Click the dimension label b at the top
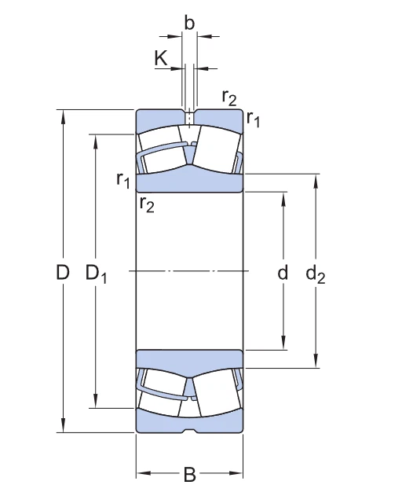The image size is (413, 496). (x=189, y=22)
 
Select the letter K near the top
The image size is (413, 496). (x=161, y=57)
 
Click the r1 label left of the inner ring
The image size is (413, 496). (x=123, y=180)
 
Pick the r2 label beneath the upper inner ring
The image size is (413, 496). (x=146, y=205)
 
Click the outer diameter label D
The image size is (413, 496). (x=63, y=273)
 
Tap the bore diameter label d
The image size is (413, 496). (x=283, y=273)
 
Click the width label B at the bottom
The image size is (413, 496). (x=189, y=474)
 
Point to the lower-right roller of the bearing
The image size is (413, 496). (x=217, y=395)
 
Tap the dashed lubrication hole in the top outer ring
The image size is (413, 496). (x=189, y=118)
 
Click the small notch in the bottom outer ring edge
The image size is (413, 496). (x=189, y=431)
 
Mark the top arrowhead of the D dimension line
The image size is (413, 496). (x=63, y=115)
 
